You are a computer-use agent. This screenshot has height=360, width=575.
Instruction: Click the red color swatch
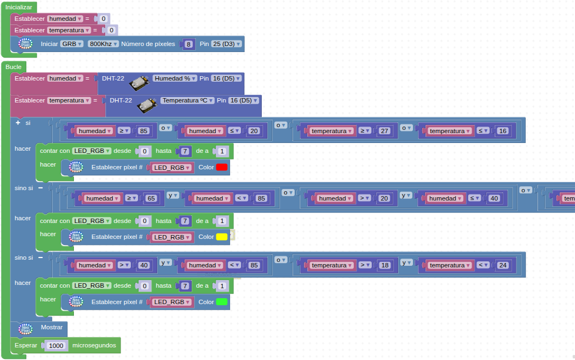222,168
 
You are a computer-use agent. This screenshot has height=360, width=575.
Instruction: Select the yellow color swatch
222,237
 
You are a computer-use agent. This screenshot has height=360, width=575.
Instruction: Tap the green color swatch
222,302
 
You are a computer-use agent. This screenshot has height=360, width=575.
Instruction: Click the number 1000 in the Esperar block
56,346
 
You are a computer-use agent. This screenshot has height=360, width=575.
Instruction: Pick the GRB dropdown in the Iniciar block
71,44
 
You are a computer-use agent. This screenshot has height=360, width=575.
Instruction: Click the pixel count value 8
189,44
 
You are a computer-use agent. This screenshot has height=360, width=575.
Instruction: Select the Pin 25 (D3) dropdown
226,44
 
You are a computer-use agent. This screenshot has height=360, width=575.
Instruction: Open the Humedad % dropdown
175,78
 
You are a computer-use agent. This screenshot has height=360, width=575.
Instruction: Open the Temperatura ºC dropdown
187,100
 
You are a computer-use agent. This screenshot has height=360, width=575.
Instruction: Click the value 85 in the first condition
144,131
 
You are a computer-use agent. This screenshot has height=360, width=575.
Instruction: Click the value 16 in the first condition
503,131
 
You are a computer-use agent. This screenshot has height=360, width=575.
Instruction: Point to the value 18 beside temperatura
384,265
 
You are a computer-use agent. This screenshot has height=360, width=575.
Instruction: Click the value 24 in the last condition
503,265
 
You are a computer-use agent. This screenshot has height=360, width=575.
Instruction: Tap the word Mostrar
51,328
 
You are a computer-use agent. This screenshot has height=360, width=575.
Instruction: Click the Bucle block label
14,67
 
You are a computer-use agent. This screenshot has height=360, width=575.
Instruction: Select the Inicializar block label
19,7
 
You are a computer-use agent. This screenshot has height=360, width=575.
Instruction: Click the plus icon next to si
18,123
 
